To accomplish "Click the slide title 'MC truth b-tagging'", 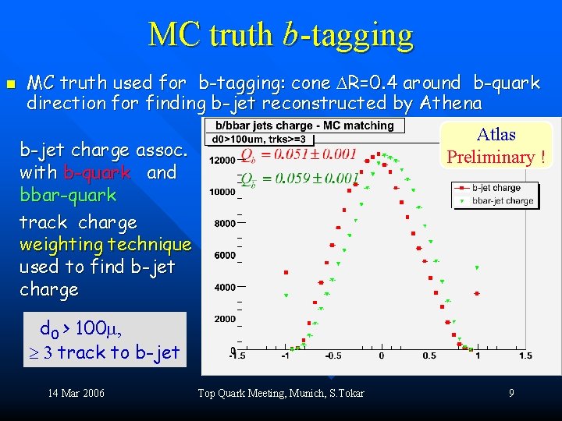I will pos(280,34).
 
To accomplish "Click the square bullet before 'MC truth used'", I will pos(10,83).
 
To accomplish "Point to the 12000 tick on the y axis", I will pos(223,161).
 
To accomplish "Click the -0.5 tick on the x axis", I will pos(333,356).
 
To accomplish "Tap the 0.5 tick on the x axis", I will pos(429,356).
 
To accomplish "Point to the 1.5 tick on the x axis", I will pos(525,356).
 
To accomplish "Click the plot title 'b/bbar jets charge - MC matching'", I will pos(304,126).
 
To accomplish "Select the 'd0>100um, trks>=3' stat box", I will pos(259,140).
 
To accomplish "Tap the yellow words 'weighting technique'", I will pos(105,245).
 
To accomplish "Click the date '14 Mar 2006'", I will pos(76,393).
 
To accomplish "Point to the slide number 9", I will pos(511,393).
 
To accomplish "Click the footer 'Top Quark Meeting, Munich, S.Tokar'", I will pos(281,393).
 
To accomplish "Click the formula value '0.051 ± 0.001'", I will pos(309,154).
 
